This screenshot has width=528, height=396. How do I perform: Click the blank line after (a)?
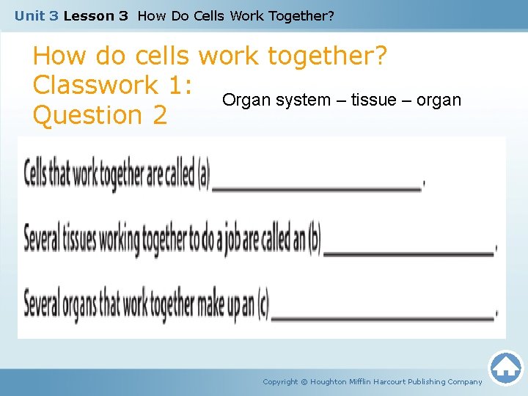click(x=316, y=188)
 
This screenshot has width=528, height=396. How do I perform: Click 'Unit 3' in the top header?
click(x=36, y=15)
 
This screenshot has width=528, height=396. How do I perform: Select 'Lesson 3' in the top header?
click(x=95, y=15)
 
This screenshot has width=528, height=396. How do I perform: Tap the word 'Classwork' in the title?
click(x=95, y=86)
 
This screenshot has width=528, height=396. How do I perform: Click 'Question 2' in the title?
click(x=100, y=115)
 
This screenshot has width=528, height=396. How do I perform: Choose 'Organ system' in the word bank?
click(x=271, y=100)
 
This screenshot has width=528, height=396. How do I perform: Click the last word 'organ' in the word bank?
click(x=439, y=100)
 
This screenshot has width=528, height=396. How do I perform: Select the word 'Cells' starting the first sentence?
click(x=38, y=175)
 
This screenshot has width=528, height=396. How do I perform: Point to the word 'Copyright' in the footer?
click(x=280, y=381)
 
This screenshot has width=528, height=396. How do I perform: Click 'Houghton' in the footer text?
click(x=330, y=381)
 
